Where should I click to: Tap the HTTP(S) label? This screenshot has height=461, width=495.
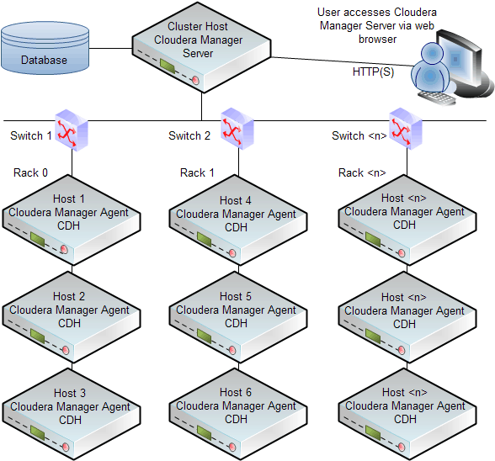click(x=373, y=72)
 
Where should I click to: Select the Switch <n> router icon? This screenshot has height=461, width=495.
click(x=399, y=129)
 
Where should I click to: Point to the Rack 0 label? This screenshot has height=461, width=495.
click(x=31, y=172)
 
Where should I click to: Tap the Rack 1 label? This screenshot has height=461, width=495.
click(x=198, y=172)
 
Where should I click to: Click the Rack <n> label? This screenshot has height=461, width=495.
click(x=362, y=172)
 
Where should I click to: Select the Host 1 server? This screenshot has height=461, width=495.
click(x=69, y=223)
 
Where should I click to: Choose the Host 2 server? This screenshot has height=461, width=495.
click(x=69, y=320)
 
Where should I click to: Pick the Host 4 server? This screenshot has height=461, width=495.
click(x=236, y=224)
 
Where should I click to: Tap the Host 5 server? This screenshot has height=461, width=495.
click(x=236, y=320)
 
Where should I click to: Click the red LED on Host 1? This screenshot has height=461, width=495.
click(x=64, y=250)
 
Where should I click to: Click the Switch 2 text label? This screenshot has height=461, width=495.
click(x=189, y=135)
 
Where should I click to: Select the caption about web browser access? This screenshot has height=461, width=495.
click(x=376, y=26)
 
